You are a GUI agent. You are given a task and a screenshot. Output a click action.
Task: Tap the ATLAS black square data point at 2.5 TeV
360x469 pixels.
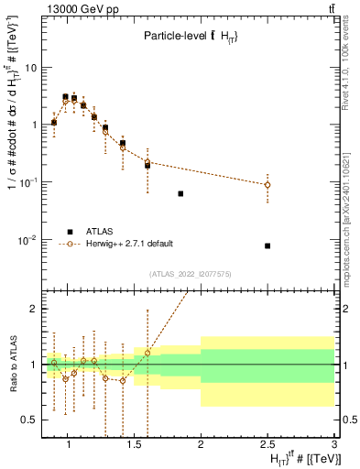tap(267, 245)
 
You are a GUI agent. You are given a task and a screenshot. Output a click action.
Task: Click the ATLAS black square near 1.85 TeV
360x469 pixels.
tap(180, 193)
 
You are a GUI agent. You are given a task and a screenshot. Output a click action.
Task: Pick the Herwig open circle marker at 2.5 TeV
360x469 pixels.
tap(267, 185)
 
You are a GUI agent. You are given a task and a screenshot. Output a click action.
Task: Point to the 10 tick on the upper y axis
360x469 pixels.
tap(30, 67)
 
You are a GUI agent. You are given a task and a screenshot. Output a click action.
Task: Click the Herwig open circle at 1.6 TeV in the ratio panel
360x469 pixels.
tap(147, 353)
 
